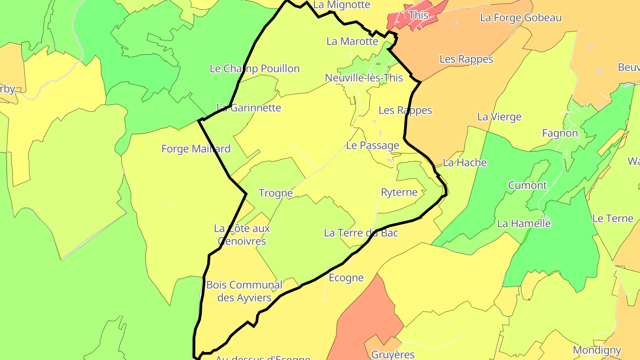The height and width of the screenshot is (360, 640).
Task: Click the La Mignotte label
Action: (341, 5)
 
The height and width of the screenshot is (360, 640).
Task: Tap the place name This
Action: (418, 16)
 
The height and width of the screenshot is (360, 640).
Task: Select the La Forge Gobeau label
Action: (520, 18)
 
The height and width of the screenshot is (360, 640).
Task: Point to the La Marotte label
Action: (352, 41)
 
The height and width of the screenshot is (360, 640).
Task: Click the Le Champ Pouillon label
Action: (254, 68)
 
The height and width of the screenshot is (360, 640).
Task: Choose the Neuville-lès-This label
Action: (364, 78)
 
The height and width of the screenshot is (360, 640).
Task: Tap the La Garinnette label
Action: (248, 108)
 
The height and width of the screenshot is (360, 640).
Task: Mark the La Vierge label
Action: (499, 117)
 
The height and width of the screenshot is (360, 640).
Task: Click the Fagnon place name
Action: (560, 133)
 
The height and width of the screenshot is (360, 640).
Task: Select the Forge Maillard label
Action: (196, 149)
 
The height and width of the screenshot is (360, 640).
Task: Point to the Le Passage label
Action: (372, 145)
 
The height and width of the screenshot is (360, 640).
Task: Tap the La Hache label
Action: (464, 163)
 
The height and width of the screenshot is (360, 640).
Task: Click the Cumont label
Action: (527, 185)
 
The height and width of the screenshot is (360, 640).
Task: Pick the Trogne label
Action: (276, 193)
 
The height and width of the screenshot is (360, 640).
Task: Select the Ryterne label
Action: (399, 192)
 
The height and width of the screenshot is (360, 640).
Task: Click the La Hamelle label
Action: (524, 224)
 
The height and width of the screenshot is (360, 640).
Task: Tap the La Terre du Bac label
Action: (361, 233)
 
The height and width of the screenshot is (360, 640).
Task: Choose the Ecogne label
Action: (346, 278)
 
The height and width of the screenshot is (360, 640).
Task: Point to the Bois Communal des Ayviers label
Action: (244, 291)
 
